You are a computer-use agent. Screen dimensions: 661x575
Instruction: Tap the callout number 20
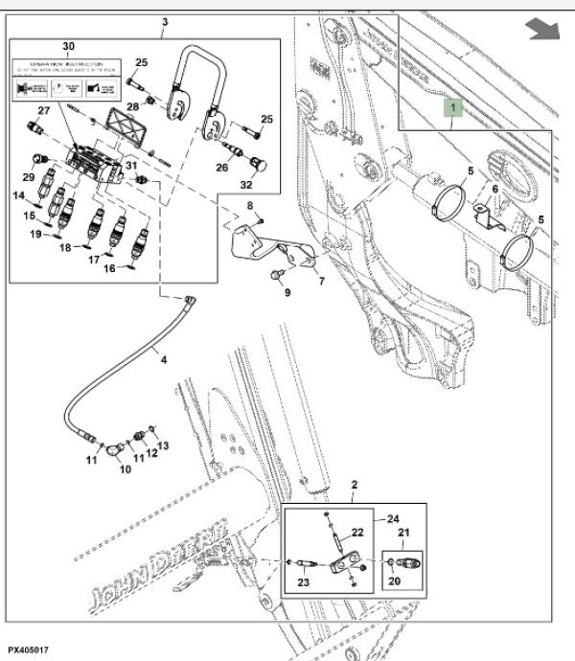[x=394, y=581]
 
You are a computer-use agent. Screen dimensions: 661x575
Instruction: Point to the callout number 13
[x=162, y=445]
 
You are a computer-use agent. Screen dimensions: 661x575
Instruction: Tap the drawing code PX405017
[x=31, y=650]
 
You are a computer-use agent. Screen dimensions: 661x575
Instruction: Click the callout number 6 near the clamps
[x=495, y=190]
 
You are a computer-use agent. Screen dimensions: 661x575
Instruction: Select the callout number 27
[x=42, y=112]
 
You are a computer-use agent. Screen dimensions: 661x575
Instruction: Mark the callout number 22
[x=356, y=534]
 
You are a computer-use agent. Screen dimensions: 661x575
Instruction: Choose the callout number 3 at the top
[x=164, y=22]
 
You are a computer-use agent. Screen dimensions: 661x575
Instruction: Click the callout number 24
[x=393, y=520]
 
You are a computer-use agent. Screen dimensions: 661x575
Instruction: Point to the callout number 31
[x=130, y=167]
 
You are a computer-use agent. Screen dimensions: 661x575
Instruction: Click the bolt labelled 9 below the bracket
[x=277, y=276]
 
